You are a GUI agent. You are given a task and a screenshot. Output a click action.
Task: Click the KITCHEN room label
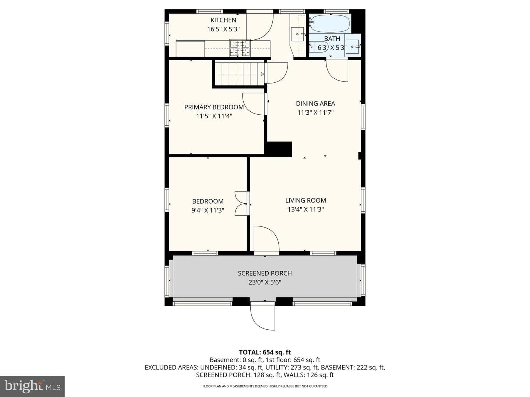point(223,20)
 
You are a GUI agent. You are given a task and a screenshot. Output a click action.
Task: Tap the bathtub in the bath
point(330,24)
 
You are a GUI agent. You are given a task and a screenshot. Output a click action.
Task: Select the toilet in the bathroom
point(319,47)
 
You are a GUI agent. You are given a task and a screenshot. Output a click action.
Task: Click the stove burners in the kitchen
point(240,48)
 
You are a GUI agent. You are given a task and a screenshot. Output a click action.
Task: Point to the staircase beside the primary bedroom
point(239,74)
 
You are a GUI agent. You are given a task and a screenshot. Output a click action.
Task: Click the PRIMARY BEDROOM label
point(214,107)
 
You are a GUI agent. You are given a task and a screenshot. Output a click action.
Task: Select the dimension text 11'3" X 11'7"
point(315,112)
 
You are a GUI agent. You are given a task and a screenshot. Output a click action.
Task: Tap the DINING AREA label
point(315,103)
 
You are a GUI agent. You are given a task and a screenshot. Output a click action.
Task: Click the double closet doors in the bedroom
point(241,203)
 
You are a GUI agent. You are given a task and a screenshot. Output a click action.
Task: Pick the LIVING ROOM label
point(305,200)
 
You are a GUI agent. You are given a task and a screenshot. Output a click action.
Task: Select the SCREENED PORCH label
point(265,273)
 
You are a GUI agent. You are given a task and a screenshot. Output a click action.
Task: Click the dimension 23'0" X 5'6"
point(265,282)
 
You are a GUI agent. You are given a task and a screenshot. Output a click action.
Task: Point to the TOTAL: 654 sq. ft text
point(265,352)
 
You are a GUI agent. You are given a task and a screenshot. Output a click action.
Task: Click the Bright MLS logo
point(32,386)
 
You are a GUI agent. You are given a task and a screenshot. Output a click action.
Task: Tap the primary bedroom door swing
point(254,104)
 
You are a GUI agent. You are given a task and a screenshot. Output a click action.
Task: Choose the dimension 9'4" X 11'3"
point(208,210)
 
